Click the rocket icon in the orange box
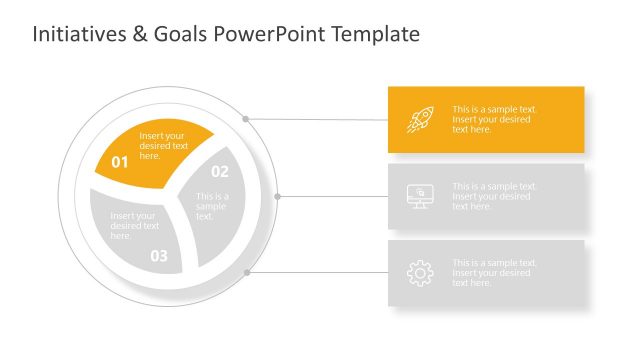point(418,120)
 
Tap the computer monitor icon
point(420,196)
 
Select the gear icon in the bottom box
point(420,272)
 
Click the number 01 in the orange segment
point(120,161)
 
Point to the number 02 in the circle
point(219,171)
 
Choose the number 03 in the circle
point(159,256)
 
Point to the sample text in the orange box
point(494,119)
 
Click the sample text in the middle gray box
point(494,196)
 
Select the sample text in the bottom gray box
point(494,272)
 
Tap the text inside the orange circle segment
point(163,146)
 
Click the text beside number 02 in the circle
point(212,206)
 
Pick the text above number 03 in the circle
point(134,226)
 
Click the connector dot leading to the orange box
point(246,118)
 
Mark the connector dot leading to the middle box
point(278,196)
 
